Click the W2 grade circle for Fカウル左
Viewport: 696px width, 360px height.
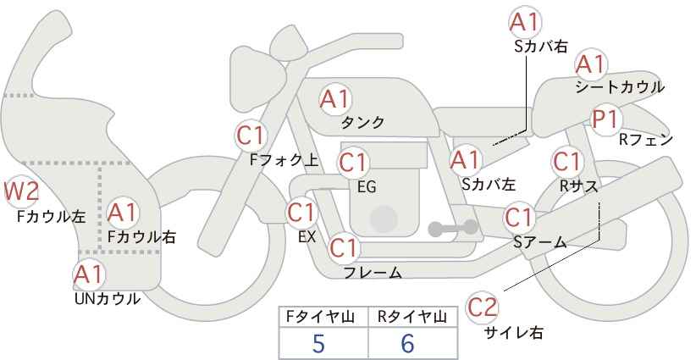[x=20, y=192]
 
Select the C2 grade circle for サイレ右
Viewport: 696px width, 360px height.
[x=483, y=307]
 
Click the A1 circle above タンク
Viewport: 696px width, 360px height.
[x=334, y=99]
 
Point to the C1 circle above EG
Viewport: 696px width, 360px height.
[x=352, y=161]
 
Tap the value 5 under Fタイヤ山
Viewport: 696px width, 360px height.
[x=318, y=343]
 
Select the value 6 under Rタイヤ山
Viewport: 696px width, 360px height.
[x=408, y=343]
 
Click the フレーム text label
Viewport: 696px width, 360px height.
[x=373, y=272]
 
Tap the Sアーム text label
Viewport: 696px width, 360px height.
[x=539, y=242]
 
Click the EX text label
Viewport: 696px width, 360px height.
[x=307, y=236]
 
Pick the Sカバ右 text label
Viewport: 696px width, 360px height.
[x=541, y=47]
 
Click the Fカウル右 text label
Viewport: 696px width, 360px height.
[x=141, y=237]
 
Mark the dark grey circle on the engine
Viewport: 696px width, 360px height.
[x=383, y=219]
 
